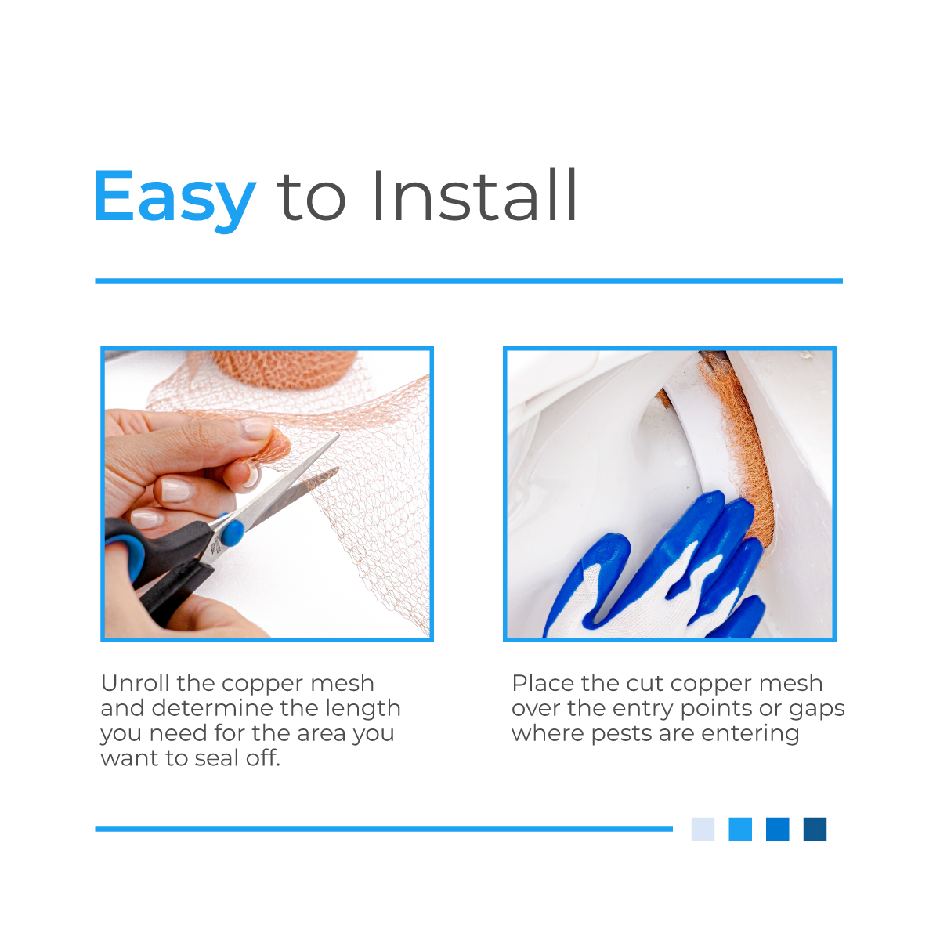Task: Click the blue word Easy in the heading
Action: tap(174, 197)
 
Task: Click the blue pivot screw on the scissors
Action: tap(232, 533)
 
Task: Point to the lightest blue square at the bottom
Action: tap(703, 829)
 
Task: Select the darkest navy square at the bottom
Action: tap(815, 829)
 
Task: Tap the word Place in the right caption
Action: tap(542, 683)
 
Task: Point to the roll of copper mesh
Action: tap(285, 368)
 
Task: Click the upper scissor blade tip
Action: tap(338, 434)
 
